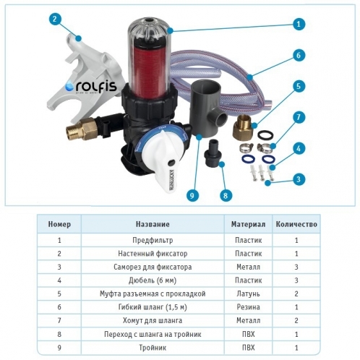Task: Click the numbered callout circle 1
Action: (299, 24)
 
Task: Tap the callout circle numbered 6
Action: (299, 55)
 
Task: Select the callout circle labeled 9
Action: (192, 195)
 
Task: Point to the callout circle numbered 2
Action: (55, 19)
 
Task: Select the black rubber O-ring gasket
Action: (265, 135)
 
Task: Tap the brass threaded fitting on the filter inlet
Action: (82, 129)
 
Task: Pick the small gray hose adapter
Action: (212, 153)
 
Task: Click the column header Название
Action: (153, 224)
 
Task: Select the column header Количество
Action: (296, 224)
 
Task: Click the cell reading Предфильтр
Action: (153, 240)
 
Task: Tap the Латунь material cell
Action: (248, 293)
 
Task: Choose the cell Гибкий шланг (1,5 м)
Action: (153, 307)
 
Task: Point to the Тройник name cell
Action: (153, 348)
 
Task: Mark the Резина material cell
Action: (248, 307)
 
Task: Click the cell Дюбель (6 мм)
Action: (153, 280)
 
